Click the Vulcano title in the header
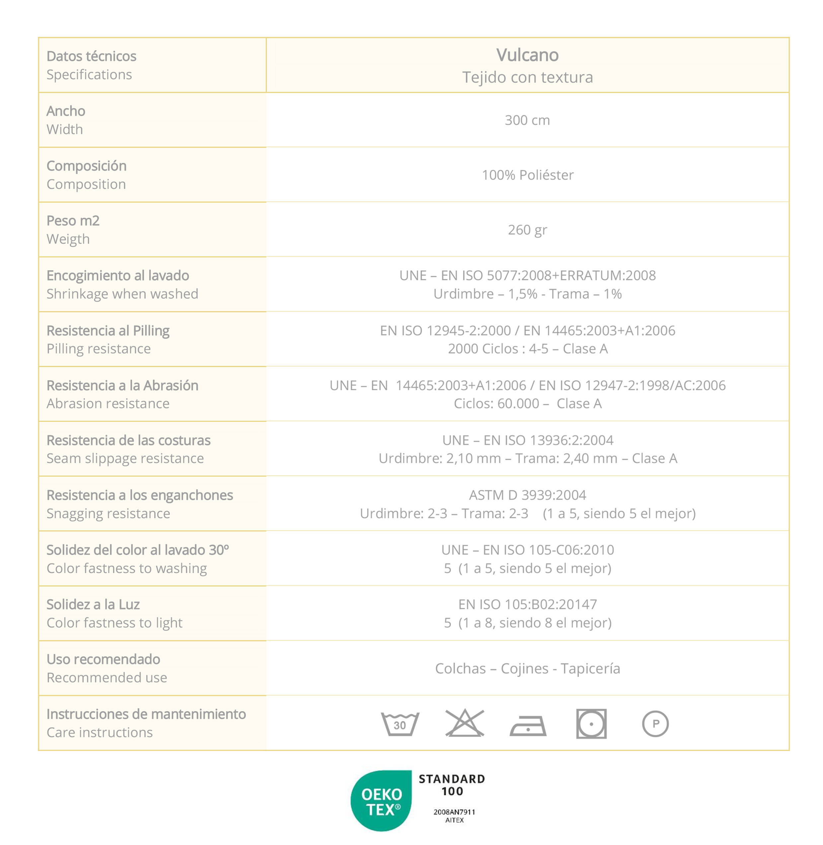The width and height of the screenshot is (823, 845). pos(527,55)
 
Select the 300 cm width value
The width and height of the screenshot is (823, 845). pos(527,120)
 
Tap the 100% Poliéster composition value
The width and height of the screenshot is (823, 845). pos(527,175)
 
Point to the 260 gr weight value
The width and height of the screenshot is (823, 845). pos(527,230)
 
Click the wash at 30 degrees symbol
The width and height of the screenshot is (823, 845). pos(400,724)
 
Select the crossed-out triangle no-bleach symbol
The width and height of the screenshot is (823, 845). pos(465,723)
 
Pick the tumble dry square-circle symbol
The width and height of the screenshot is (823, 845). pos(591,724)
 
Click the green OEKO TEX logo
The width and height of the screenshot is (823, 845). pos(381,801)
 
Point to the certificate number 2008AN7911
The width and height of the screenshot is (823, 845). pos(454,812)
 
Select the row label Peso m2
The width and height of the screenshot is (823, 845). pos(73,221)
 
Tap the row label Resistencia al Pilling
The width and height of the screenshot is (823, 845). pos(108,331)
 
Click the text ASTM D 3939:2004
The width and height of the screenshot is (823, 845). pos(527,495)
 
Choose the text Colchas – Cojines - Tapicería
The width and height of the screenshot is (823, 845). pos(527,669)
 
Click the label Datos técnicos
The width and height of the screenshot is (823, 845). pos(91,56)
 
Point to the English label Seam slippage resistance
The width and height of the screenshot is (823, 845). pos(125,458)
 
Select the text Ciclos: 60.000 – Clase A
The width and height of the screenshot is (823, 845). pos(527,403)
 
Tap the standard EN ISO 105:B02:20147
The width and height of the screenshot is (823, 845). pos(527,604)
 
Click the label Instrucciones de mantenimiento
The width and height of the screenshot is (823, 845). pos(146,714)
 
